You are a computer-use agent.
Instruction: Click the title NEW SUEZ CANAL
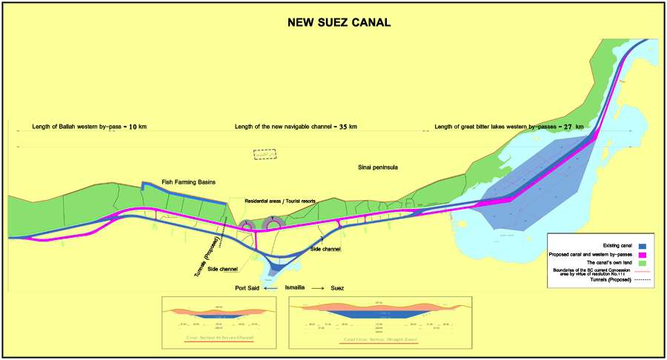(x=339, y=22)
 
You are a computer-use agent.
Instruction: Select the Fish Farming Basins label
(x=188, y=181)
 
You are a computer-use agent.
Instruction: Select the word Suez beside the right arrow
(x=340, y=287)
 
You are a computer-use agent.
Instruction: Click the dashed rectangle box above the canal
(x=265, y=154)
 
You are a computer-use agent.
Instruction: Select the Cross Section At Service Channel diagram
(x=219, y=322)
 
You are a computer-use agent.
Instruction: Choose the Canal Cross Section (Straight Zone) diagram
(x=380, y=322)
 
